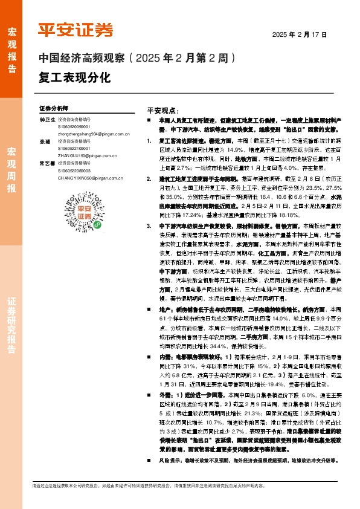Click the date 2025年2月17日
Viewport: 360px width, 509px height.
(300, 35)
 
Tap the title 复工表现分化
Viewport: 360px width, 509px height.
(75, 78)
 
